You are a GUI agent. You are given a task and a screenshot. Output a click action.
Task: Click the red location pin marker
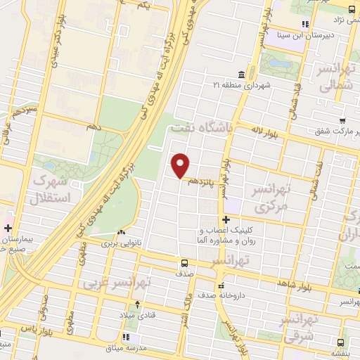(181, 165)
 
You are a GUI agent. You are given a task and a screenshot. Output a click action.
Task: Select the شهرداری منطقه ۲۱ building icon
(241, 75)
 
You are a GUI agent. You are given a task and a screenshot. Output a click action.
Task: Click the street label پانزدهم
(200, 181)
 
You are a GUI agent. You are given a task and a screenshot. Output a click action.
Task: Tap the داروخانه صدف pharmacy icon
(222, 285)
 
